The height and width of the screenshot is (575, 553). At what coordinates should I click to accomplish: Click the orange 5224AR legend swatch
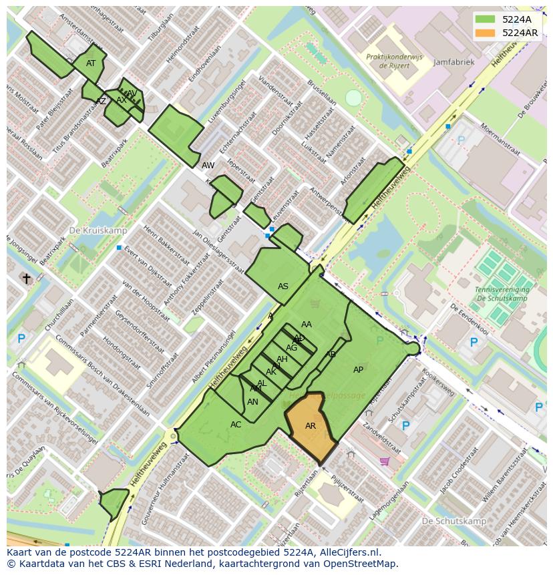486,33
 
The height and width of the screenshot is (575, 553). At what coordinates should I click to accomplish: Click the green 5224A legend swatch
486,19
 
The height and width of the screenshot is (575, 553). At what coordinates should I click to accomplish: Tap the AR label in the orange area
311,426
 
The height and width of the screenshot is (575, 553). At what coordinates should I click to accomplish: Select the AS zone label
283,286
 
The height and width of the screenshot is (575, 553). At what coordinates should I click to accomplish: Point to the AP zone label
359,370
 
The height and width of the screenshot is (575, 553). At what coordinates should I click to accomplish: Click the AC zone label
236,425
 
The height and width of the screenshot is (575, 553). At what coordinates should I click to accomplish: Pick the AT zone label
91,63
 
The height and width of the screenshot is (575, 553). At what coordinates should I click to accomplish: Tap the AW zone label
208,165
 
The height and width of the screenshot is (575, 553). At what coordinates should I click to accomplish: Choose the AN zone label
252,402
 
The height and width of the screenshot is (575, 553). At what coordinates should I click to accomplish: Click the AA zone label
307,325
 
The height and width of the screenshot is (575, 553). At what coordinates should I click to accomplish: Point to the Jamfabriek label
453,62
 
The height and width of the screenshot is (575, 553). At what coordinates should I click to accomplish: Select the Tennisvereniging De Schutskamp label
502,295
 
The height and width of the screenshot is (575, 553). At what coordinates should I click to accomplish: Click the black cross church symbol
27,278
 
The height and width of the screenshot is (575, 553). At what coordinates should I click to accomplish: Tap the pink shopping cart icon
384,461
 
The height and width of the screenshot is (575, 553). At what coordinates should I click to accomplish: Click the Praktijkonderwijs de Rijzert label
394,61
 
